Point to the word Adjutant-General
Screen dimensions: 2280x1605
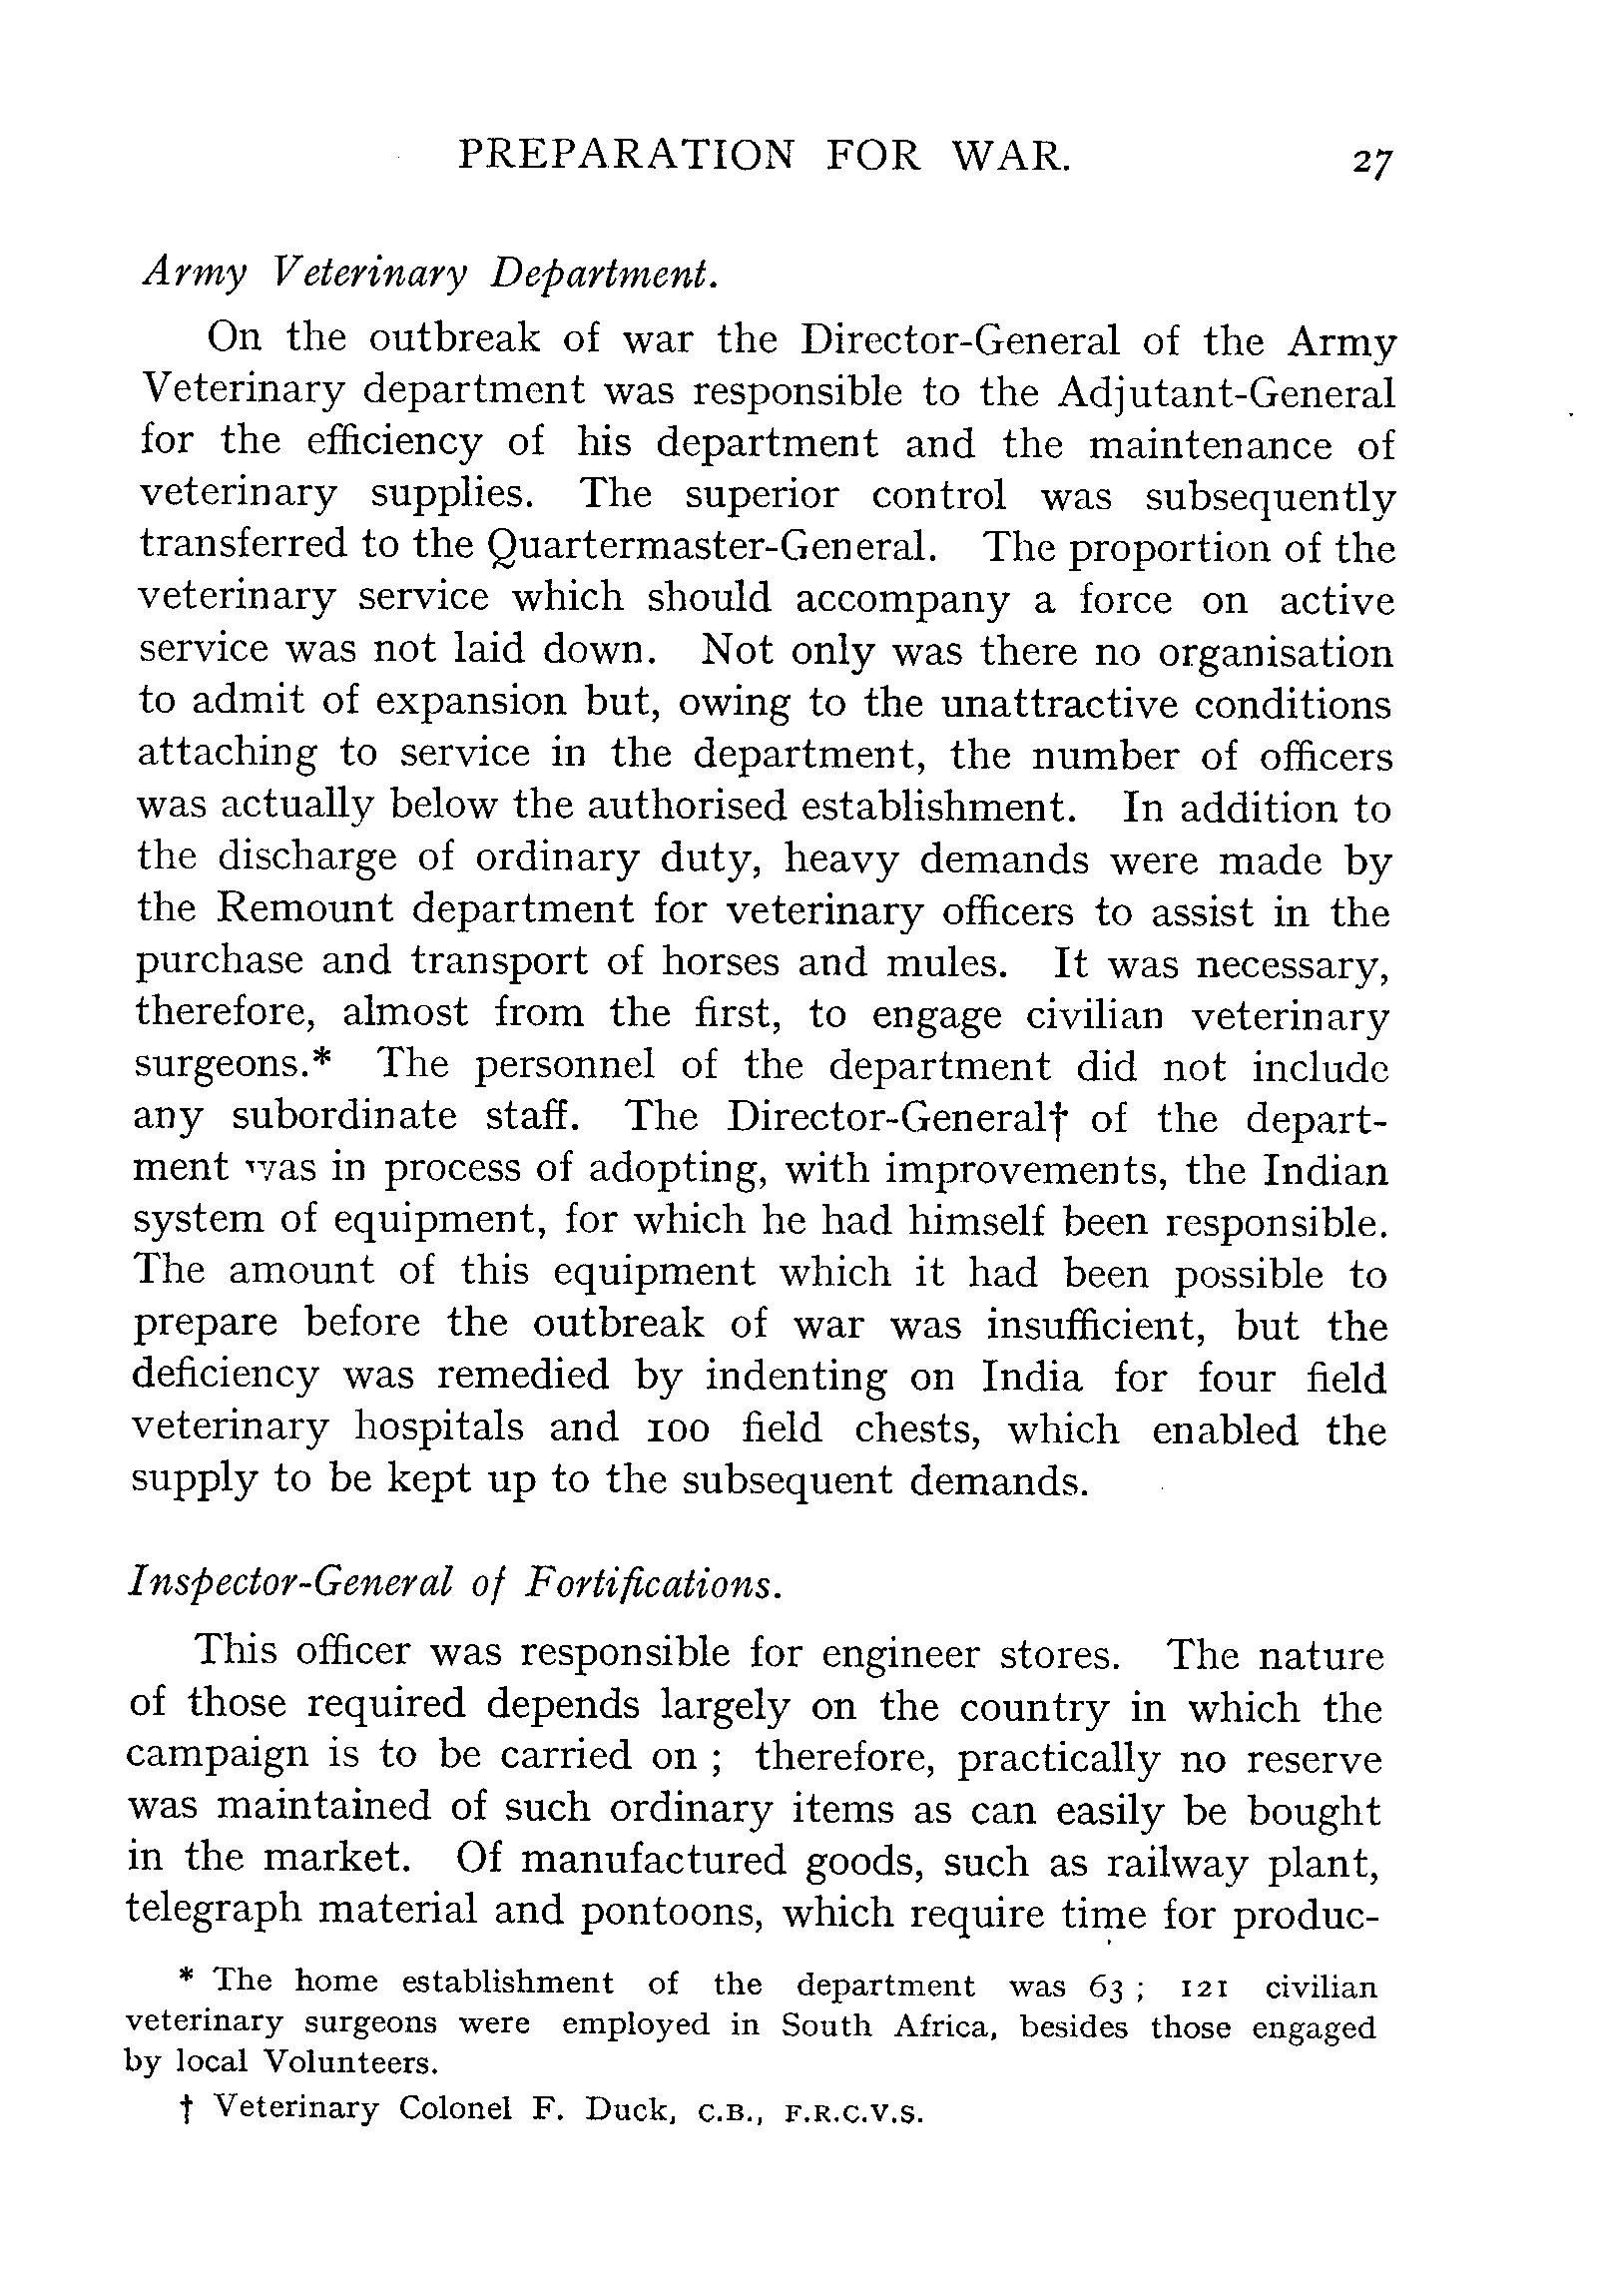pos(1226,393)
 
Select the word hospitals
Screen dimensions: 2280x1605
pos(438,1427)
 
